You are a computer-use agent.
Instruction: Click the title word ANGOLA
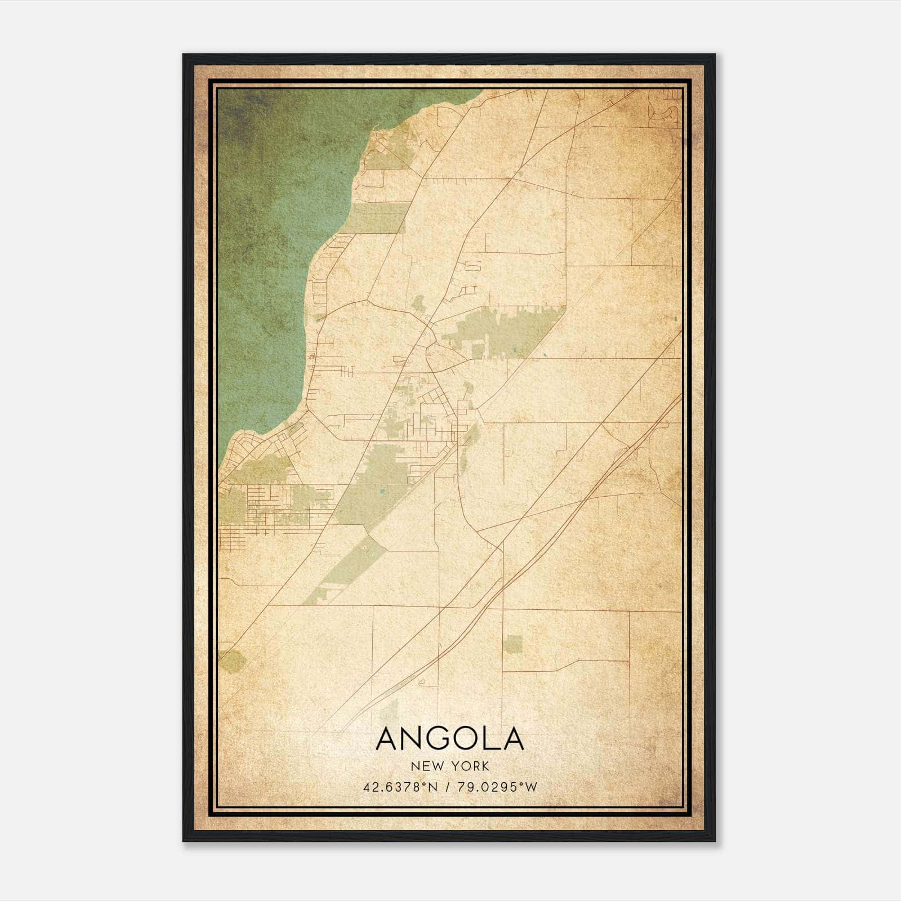[x=449, y=739]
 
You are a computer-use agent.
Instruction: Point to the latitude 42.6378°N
[x=400, y=787]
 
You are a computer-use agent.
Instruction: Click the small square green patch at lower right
[x=512, y=644]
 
